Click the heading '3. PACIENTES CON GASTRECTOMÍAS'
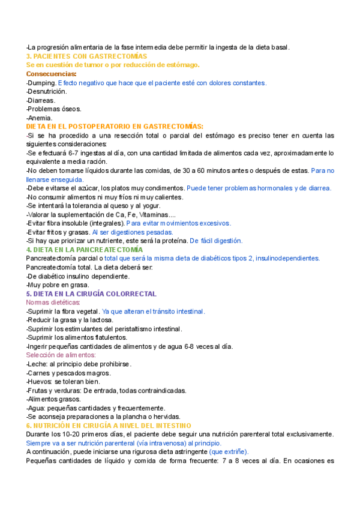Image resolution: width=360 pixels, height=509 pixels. [x=86, y=56]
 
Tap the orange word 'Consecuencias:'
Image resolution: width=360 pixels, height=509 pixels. [x=52, y=74]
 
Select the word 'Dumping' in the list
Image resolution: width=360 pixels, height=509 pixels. [x=43, y=83]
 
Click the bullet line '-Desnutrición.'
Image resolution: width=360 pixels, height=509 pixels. [x=47, y=91]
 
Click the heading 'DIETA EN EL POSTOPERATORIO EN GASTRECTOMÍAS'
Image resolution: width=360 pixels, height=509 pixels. [x=115, y=127]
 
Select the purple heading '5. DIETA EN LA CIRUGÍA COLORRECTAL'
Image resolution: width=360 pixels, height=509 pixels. [x=91, y=294]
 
